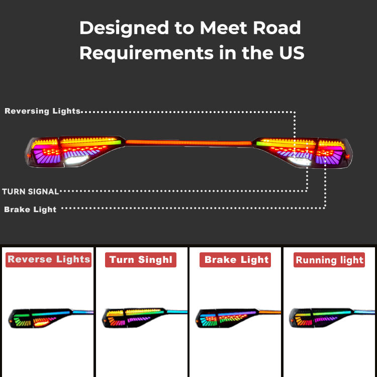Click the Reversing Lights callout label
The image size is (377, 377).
42,111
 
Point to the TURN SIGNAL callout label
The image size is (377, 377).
31,192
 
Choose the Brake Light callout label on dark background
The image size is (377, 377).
30,210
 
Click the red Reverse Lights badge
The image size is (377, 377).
48,259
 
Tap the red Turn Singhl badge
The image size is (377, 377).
141,260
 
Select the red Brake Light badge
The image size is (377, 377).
236,260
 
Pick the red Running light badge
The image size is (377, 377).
329,260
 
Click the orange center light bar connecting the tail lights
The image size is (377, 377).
189,143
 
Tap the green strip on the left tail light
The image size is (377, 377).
115,143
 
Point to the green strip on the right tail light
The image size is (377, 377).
262,143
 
